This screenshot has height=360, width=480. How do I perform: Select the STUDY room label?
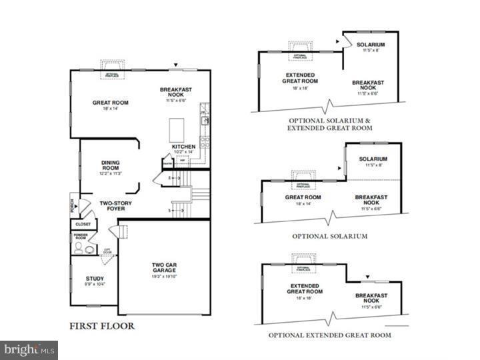coord(95,279)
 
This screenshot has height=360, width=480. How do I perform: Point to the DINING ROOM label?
coord(110,165)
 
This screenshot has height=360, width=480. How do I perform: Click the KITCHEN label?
coord(183,146)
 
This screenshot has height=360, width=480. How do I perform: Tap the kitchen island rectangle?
coord(176,127)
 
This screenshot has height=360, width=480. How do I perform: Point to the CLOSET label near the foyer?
coord(84,225)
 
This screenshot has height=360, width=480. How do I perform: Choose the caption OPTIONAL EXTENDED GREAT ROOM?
coord(330,335)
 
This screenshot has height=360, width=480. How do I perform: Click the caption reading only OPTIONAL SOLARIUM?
coord(330,236)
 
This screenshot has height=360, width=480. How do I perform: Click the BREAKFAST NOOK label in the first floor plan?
coord(177,93)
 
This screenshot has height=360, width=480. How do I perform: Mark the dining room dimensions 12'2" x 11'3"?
coord(110,175)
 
